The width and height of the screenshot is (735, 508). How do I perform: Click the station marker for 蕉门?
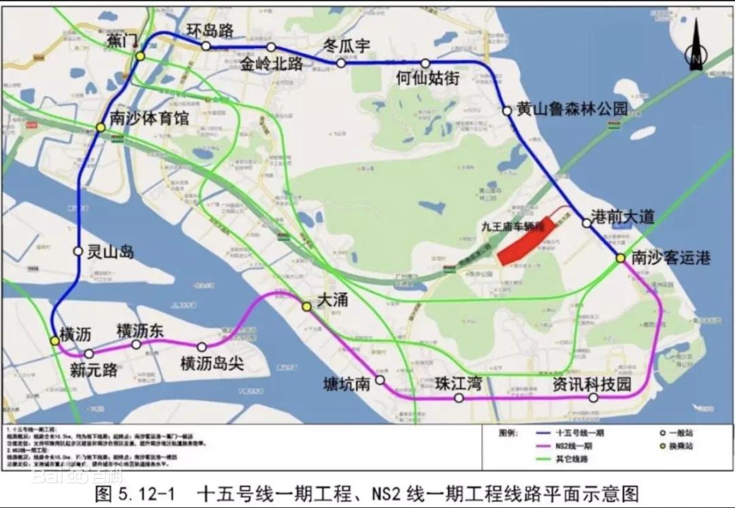[140, 56]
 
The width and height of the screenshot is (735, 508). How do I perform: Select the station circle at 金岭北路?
[271, 47]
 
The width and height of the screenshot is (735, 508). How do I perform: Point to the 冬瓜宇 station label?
[346, 46]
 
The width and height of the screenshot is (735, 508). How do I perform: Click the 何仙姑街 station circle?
[425, 63]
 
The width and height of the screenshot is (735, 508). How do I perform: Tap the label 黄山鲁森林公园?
[571, 109]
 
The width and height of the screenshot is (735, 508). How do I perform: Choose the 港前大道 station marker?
[586, 223]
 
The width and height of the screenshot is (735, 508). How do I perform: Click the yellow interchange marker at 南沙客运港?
[621, 258]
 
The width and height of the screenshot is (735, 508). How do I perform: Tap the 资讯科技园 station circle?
[593, 398]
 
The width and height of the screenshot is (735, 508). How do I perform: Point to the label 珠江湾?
[459, 383]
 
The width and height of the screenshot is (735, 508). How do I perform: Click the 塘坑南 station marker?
[380, 381]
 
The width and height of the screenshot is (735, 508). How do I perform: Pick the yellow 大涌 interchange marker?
[307, 307]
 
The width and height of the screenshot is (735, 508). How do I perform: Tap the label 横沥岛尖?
[212, 364]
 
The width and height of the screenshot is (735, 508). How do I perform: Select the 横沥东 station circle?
[136, 345]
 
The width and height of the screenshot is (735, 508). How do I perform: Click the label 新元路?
[94, 370]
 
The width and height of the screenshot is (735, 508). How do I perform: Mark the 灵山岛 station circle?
[78, 251]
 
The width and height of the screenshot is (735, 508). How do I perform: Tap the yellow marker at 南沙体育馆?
[101, 127]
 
